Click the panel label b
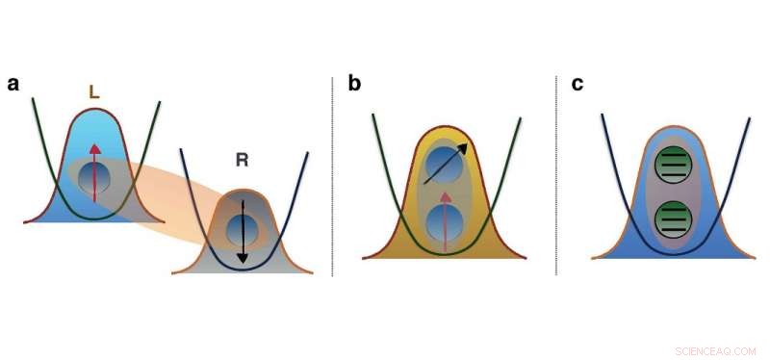354,84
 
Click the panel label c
577,84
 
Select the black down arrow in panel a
242,231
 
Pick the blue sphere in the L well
94,178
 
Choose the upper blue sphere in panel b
446,164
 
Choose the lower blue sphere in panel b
446,223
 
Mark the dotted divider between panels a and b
333,173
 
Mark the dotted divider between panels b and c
556,173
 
